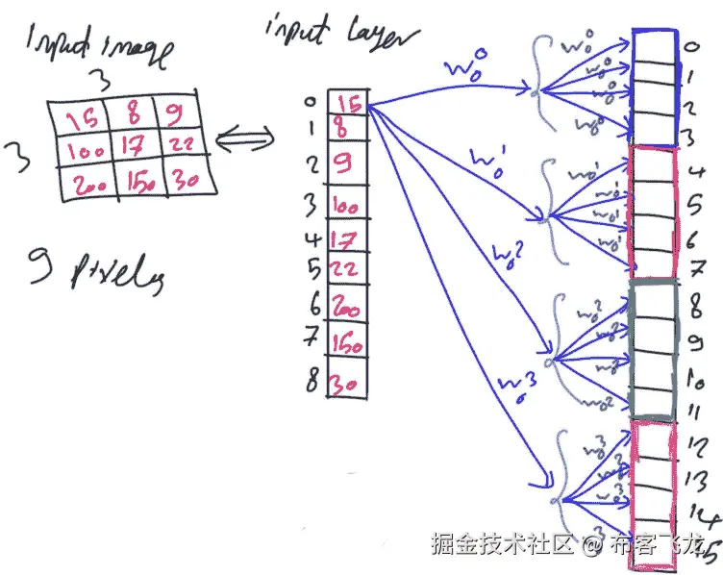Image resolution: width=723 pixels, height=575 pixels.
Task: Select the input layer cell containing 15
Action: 347,103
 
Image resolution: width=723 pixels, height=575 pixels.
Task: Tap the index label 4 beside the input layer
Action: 312,237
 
